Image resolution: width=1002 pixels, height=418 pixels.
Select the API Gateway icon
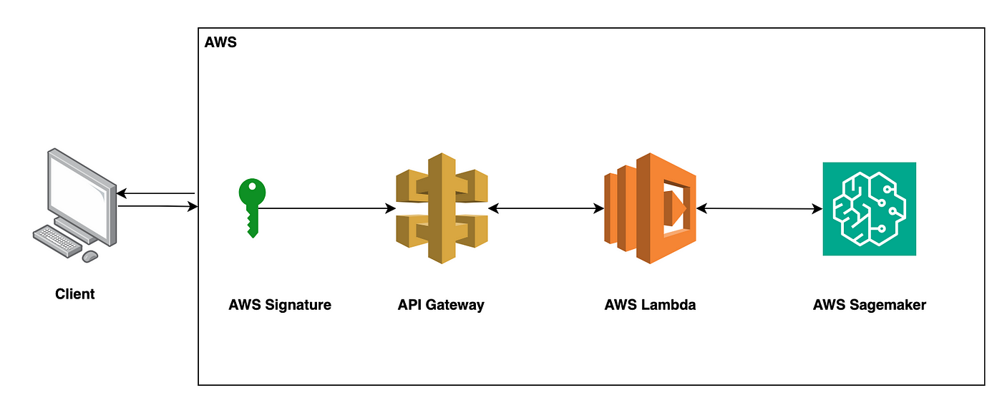click(442, 208)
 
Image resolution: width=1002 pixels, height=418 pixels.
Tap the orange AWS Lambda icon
click(649, 208)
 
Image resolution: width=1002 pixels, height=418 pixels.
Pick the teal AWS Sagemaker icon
click(869, 208)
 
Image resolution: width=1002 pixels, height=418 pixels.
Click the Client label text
click(75, 293)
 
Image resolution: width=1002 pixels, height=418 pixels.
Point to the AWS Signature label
click(280, 305)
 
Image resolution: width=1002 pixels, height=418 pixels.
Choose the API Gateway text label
click(441, 305)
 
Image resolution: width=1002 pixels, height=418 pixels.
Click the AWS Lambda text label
click(650, 305)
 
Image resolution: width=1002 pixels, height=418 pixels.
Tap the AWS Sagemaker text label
click(869, 305)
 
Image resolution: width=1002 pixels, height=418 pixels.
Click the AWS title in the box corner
click(220, 43)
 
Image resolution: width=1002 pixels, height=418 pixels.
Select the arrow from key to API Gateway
click(329, 208)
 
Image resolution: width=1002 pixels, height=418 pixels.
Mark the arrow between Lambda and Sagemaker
click(759, 209)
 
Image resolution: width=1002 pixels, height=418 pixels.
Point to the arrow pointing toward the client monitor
click(155, 193)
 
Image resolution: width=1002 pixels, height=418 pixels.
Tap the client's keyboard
click(57, 240)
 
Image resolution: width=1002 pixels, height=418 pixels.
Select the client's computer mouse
click(90, 256)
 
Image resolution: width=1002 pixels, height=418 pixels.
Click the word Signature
click(299, 305)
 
